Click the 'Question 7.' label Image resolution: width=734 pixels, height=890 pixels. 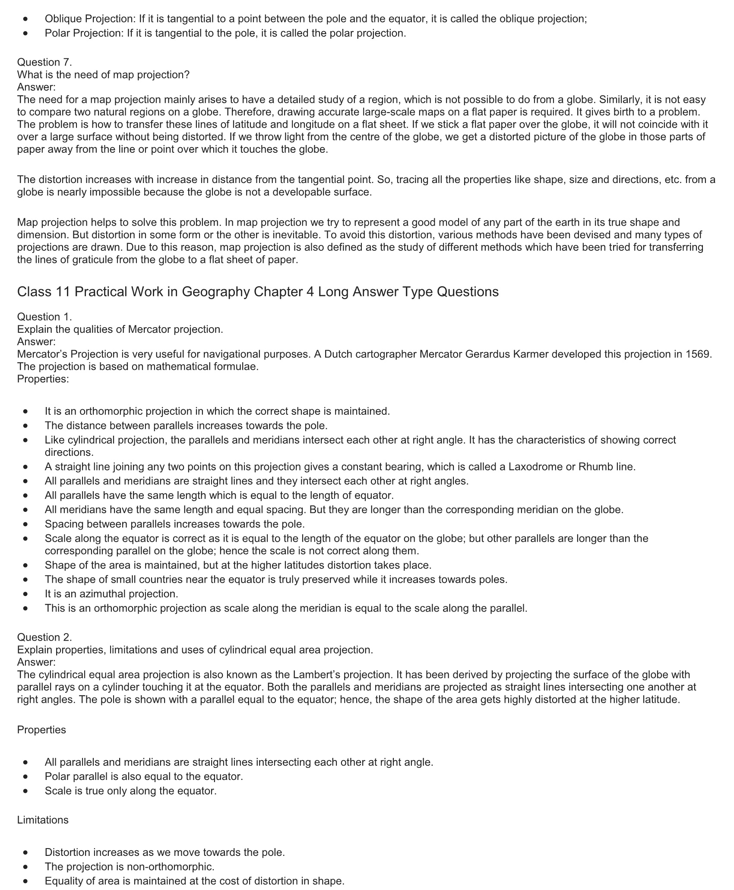click(x=44, y=62)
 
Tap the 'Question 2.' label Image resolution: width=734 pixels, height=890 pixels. click(x=44, y=637)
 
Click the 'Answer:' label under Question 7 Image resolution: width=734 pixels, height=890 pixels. click(x=36, y=87)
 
